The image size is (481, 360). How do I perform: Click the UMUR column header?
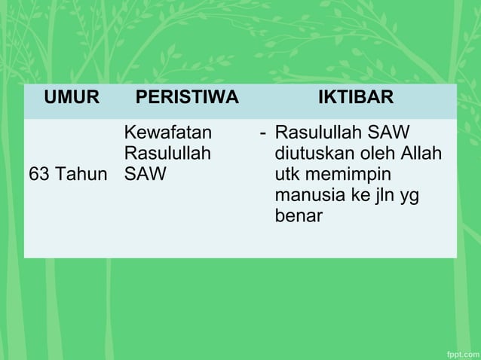pos(72,98)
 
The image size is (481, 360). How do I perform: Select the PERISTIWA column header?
pos(187,98)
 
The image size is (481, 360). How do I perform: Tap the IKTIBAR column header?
pos(355,98)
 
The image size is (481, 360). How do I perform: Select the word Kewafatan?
pos(167,133)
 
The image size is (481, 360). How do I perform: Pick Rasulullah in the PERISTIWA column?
pos(167,154)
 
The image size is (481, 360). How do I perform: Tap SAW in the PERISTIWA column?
pos(141,175)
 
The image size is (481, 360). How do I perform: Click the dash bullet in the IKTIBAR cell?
pos(262,133)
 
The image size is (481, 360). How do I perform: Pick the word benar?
pos(299,217)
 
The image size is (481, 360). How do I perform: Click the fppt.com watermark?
pos(459,352)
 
